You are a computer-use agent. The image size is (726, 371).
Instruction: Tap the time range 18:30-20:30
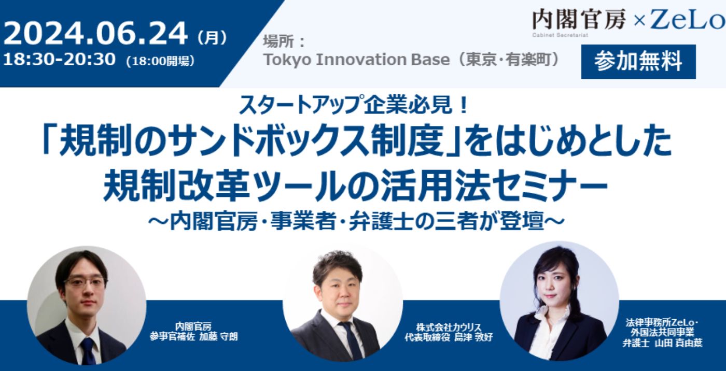point(60,60)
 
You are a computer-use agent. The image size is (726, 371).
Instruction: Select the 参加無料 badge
point(638,62)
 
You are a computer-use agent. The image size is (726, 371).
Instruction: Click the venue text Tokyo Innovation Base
point(356,60)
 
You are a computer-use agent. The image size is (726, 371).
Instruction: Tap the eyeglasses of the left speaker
point(85,283)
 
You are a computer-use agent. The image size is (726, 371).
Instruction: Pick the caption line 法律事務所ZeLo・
point(662,323)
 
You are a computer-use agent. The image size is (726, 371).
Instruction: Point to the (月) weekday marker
point(212,37)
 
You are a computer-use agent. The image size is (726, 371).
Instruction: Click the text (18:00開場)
point(160,61)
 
